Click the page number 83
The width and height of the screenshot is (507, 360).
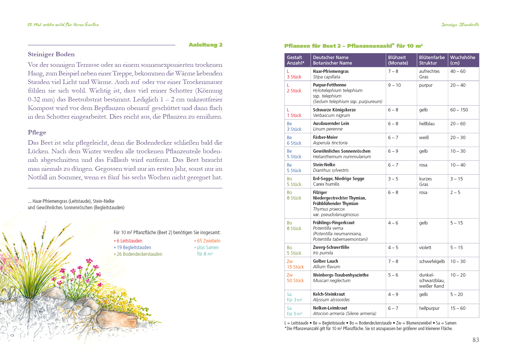(475, 340)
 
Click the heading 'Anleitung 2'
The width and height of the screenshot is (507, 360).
(205, 45)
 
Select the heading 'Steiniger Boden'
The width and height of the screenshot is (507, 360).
(51, 54)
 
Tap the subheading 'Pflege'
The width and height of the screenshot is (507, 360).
(37, 132)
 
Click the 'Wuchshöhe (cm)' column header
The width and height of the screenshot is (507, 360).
(462, 60)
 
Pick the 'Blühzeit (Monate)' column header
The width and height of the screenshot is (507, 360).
(398, 60)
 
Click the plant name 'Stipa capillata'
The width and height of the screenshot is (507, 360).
(326, 77)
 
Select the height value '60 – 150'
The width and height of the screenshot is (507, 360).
(459, 110)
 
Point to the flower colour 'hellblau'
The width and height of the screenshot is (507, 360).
(427, 124)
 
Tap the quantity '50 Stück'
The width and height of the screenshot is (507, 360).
(295, 280)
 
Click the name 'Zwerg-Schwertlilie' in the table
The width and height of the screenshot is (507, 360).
(331, 247)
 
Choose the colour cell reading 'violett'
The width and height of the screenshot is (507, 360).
(425, 247)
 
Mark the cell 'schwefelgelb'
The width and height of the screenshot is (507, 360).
(432, 261)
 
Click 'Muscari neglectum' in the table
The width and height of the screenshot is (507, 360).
(331, 280)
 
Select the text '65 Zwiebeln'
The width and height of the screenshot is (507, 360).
(209, 241)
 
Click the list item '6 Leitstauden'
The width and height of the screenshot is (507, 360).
(129, 241)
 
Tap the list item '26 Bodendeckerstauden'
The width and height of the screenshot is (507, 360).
(139, 254)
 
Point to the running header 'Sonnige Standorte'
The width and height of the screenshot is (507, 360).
(460, 25)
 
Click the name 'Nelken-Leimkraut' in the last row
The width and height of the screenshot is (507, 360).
(330, 308)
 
